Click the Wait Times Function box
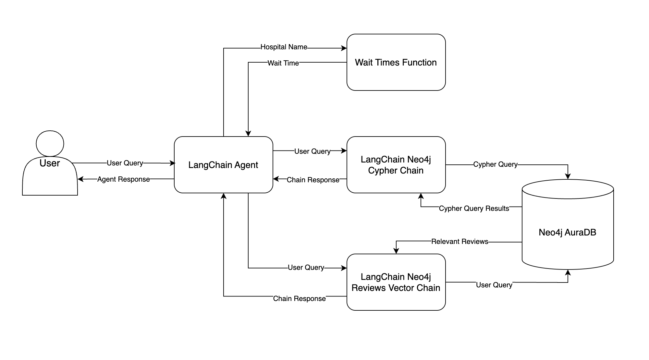[396, 62]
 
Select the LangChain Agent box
[223, 165]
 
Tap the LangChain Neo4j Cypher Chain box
[396, 165]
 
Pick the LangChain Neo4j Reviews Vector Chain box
[396, 282]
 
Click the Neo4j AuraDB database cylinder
[567, 232]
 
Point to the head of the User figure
[50, 143]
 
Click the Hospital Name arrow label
[284, 47]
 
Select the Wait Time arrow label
[283, 63]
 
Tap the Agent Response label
[123, 179]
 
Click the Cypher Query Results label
[474, 208]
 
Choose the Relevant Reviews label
[459, 241]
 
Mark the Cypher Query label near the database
[495, 164]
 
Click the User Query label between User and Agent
[125, 163]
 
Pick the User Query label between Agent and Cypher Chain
[312, 151]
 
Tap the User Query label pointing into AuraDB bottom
[494, 285]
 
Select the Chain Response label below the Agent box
[299, 298]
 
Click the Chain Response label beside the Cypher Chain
[313, 180]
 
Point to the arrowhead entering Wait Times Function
[344, 48]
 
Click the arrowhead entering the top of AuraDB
[568, 176]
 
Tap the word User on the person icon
[50, 163]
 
